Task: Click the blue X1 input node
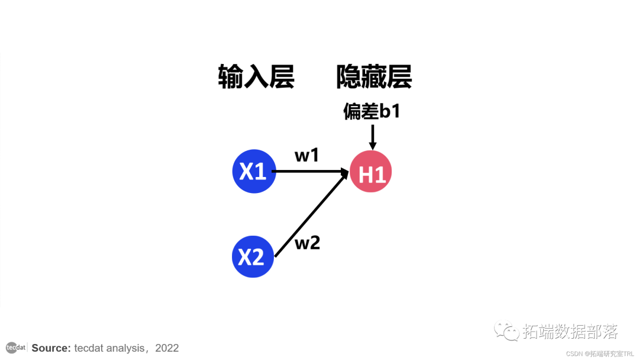(254, 172)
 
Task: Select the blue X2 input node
(253, 256)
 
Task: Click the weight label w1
(307, 156)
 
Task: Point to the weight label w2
(307, 242)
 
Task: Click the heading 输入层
(256, 78)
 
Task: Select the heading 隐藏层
(374, 78)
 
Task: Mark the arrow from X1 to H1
(308, 172)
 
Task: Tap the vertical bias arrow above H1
(372, 136)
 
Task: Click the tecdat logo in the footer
(15, 348)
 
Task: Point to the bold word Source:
(51, 348)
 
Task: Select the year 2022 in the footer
(167, 348)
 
